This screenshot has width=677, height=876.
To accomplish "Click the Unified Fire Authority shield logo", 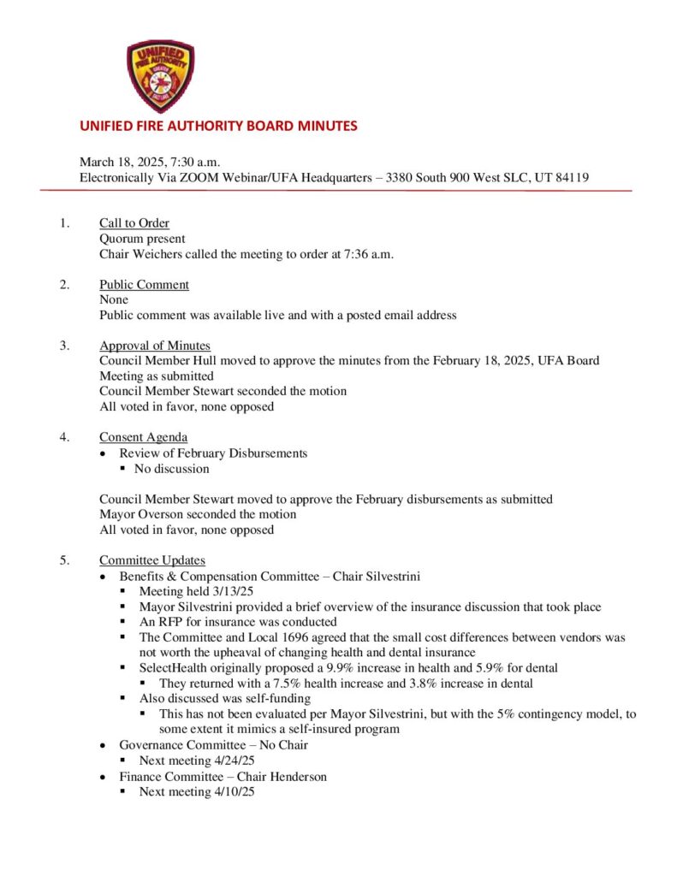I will coord(160,76).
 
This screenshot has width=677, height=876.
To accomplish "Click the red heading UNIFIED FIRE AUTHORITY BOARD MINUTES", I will coord(218,126).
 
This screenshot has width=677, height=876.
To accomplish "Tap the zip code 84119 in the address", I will coord(571,177).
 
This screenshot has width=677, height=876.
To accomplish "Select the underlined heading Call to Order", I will coord(134,224).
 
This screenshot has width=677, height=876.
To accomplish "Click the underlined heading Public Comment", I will coord(144,285).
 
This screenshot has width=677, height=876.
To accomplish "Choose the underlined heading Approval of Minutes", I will coord(155,346).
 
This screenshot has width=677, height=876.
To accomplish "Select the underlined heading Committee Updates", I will coord(152,560).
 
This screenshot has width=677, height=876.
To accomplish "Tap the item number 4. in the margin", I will coord(64,438).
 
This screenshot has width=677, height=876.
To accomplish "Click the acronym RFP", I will coord(170,622).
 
